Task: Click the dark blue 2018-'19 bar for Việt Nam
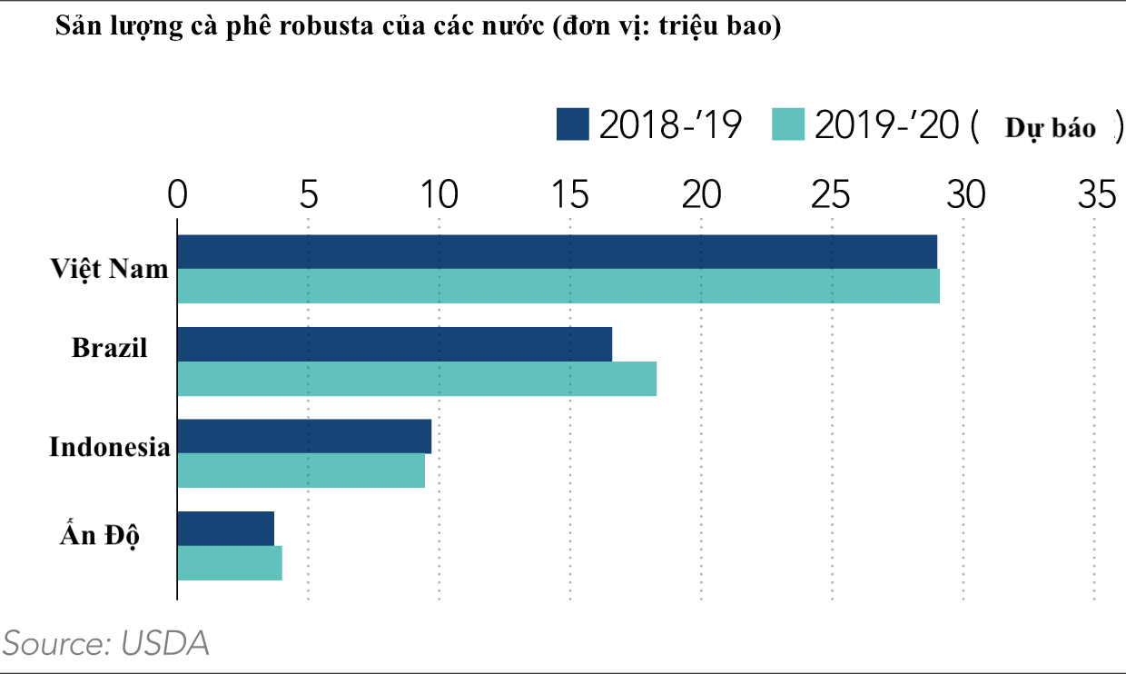click(557, 252)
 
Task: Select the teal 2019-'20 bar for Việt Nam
click(558, 286)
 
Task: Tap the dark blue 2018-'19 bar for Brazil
click(394, 344)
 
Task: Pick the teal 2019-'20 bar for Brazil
click(417, 379)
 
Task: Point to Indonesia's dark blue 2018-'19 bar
click(304, 436)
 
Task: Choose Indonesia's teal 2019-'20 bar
click(301, 471)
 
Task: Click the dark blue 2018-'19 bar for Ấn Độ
click(225, 529)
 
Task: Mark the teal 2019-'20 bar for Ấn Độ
click(230, 563)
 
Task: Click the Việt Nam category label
click(110, 270)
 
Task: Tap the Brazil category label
click(110, 348)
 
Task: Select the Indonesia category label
click(110, 447)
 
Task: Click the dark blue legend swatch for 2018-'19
click(573, 125)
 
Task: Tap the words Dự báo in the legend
click(1050, 129)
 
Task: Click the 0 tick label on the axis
click(177, 193)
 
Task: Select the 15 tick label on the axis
click(570, 193)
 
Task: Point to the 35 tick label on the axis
click(1095, 193)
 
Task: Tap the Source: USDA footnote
click(107, 643)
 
